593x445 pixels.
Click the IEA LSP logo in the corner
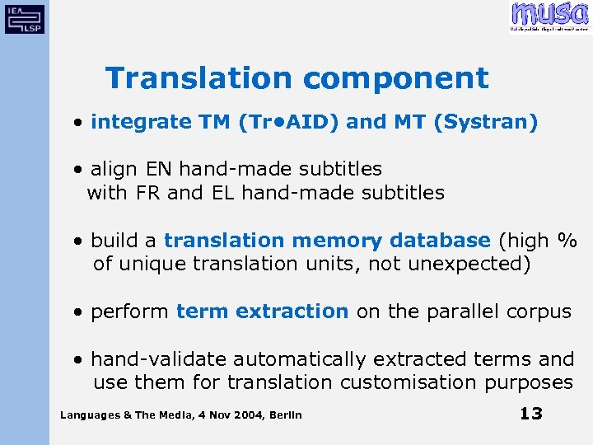[x=25, y=18]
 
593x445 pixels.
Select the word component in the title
[x=395, y=78]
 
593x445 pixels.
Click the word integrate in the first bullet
[x=141, y=123]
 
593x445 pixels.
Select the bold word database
[x=440, y=241]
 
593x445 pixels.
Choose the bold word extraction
[x=292, y=311]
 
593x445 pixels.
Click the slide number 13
[x=531, y=413]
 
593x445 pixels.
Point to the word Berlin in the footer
[x=285, y=415]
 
